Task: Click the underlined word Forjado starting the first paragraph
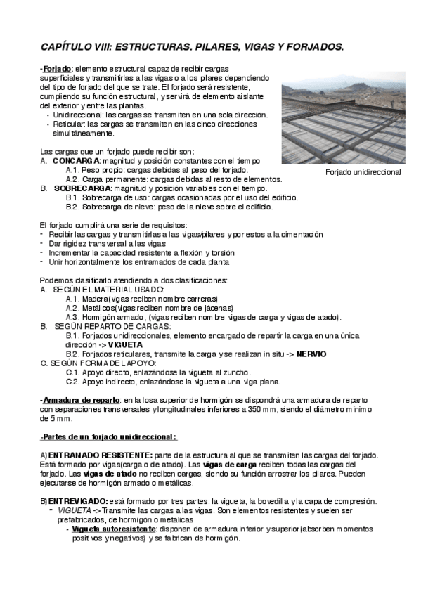[56, 67]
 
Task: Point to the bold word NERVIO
[311, 354]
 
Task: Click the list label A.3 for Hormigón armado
[74, 317]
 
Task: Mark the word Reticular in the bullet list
[68, 123]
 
